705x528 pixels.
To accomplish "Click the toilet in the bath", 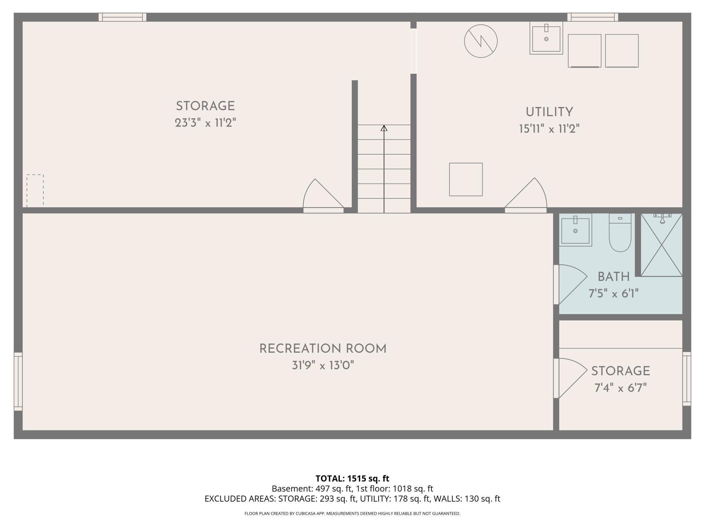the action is coord(620,233).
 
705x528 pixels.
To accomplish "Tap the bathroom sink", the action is coord(575,230).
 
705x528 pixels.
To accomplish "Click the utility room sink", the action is coord(546,38).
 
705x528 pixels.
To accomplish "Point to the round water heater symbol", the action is coord(481,41).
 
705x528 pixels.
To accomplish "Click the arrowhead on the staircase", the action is coord(384,128).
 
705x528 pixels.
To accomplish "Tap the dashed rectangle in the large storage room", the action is coord(35,190).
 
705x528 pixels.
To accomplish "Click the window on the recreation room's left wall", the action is coord(18,381).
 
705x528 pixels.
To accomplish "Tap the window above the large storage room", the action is coord(122,17).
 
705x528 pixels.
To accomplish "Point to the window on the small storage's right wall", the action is coord(687,379).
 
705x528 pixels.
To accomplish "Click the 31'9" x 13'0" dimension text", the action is coord(323,365).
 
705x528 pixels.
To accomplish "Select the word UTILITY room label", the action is coord(549,112).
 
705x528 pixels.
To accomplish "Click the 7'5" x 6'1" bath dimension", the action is coord(613,293).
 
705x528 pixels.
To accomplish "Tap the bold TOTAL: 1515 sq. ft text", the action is coord(352,478).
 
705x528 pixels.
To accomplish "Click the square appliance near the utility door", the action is coord(466,179).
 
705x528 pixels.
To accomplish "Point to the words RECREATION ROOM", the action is coord(323,349).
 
